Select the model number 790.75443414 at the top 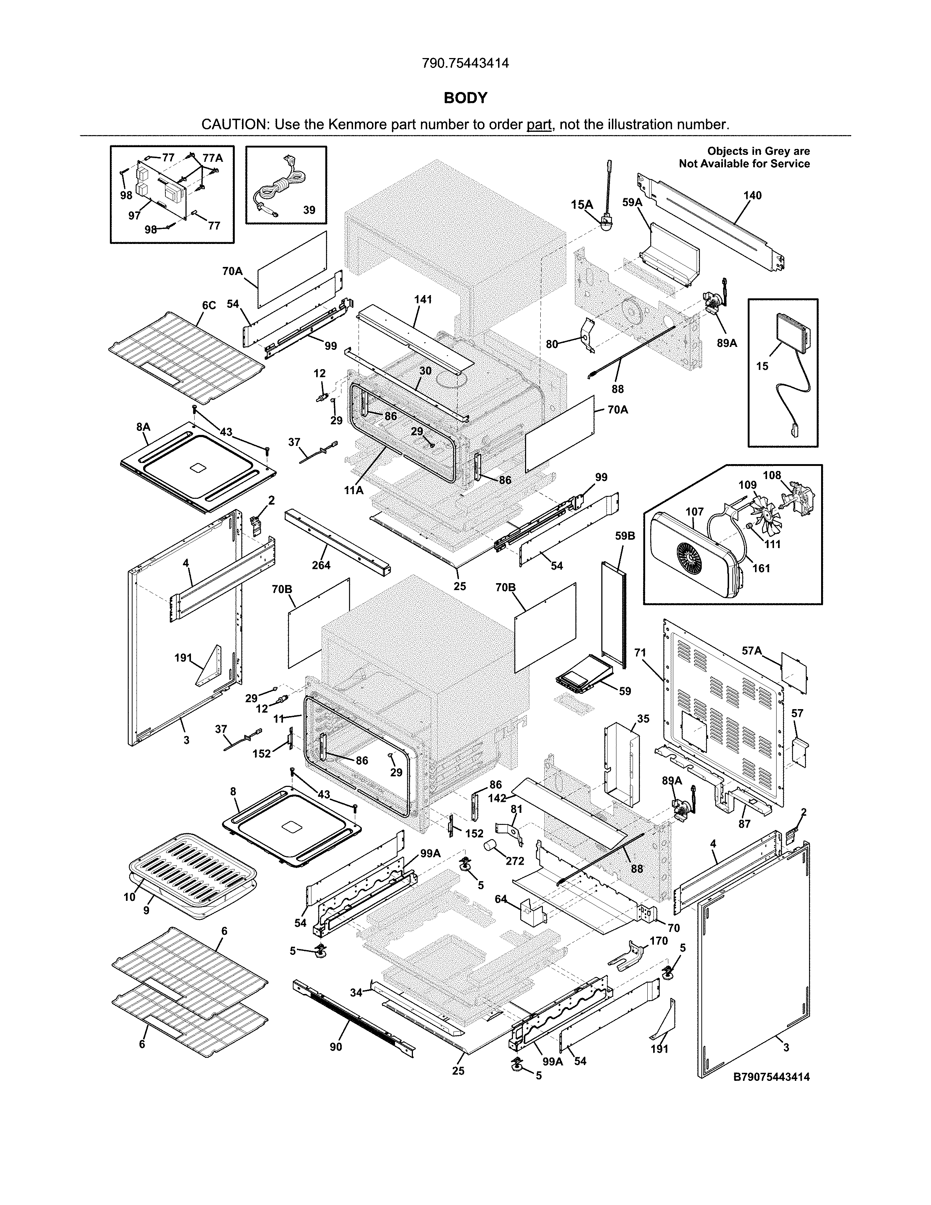point(465,64)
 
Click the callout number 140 point(752,195)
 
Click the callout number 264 point(321,565)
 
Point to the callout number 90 point(336,1047)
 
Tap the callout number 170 point(659,941)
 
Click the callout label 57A point(752,651)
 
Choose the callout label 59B point(625,536)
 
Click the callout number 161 point(761,568)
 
